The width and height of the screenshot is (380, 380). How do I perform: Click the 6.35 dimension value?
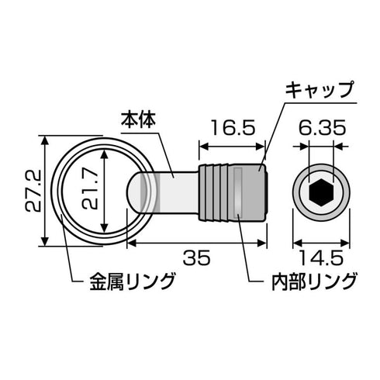[319, 126]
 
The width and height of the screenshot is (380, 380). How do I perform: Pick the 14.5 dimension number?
[319, 257]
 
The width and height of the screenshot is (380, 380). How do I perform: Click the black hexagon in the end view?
[319, 191]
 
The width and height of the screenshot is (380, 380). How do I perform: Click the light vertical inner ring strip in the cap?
[240, 192]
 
